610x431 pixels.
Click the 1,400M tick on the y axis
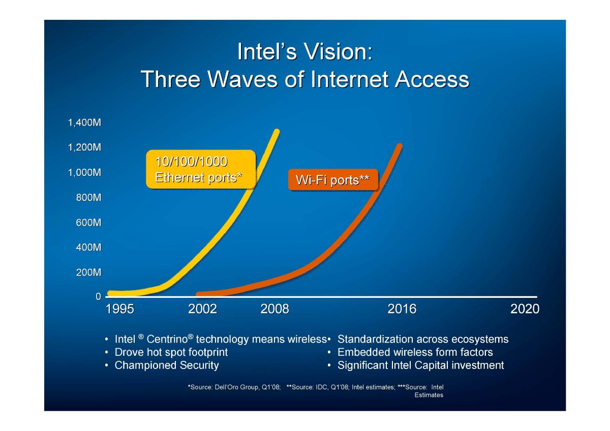point(84,123)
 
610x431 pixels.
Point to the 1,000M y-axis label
point(84,173)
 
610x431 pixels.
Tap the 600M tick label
point(88,223)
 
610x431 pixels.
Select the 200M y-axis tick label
point(88,272)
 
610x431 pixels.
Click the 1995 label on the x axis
point(120,309)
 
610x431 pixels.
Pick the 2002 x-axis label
point(202,309)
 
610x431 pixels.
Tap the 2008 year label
point(274,309)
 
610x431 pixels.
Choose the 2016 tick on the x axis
point(402,309)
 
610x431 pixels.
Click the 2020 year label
point(525,309)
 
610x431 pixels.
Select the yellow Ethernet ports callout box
point(201,169)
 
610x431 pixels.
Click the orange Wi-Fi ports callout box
point(333,180)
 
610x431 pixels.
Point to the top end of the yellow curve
point(277,131)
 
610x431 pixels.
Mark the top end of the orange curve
point(400,146)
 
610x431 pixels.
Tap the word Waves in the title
point(242,79)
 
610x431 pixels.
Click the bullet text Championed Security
point(167,365)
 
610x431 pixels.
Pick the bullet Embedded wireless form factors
point(415,352)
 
